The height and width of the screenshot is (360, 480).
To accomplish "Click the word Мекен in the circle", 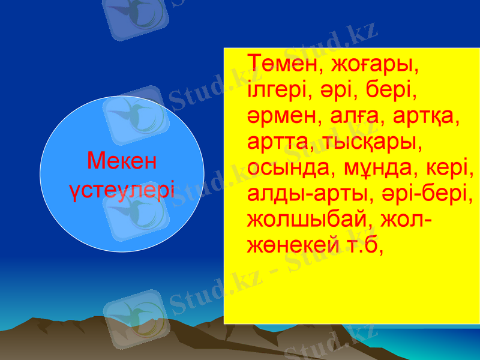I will pos(122,161).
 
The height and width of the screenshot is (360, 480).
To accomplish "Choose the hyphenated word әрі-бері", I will pos(423,195).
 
